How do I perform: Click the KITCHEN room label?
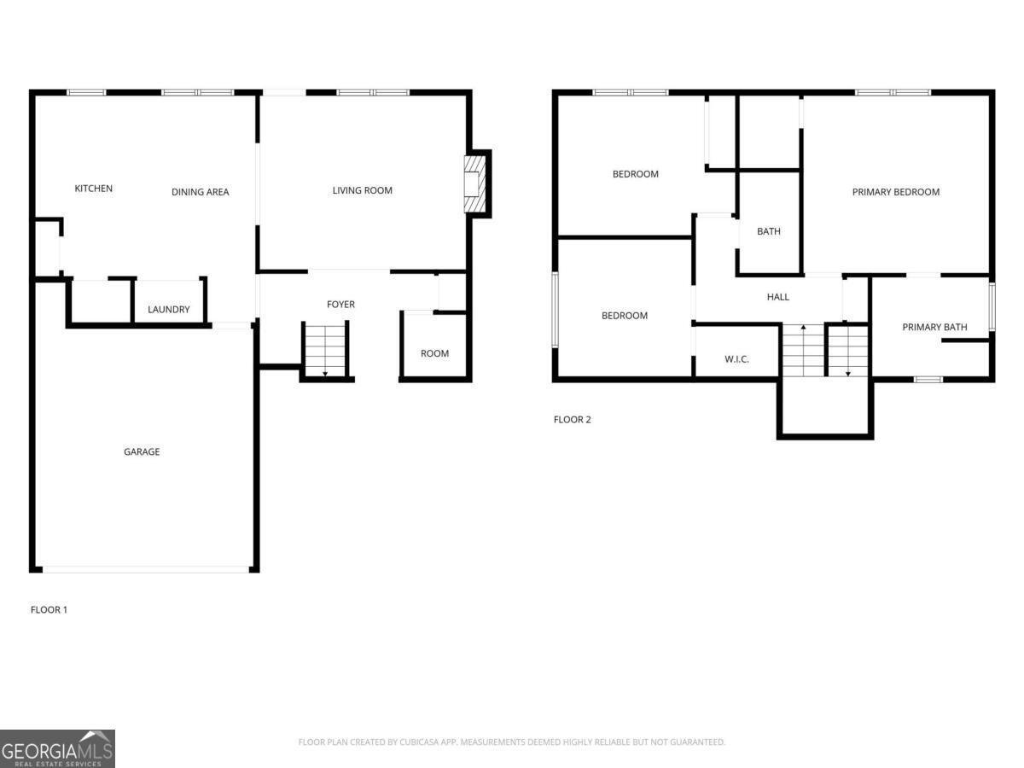click(x=93, y=189)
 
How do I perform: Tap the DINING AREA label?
click(x=200, y=192)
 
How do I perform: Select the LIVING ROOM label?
click(x=362, y=190)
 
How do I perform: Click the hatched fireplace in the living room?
click(x=473, y=183)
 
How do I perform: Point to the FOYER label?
click(x=340, y=305)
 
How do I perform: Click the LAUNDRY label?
click(x=168, y=310)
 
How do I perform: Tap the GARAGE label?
click(x=142, y=452)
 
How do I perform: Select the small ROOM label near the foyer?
click(x=434, y=353)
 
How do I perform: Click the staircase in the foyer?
click(x=325, y=348)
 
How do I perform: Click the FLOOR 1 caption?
click(x=49, y=610)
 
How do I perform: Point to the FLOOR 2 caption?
click(x=572, y=420)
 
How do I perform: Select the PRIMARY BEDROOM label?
click(x=895, y=192)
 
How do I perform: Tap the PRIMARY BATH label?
click(x=934, y=327)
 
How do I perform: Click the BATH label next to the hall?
click(x=768, y=231)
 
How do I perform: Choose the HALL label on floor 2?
click(x=777, y=297)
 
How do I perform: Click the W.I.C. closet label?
click(x=736, y=359)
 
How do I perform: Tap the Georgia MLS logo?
click(x=57, y=748)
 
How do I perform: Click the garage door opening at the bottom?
click(x=145, y=569)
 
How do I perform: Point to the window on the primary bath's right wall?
click(x=992, y=305)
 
